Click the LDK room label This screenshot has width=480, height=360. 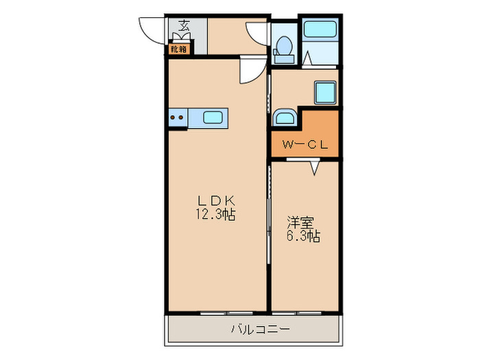pyautogui.click(x=216, y=201)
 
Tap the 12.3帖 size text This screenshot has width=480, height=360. pyautogui.click(x=215, y=214)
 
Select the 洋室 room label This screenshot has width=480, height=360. pyautogui.click(x=300, y=223)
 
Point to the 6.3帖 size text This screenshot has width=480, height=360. pyautogui.click(x=303, y=236)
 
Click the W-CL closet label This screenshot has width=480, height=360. pyautogui.click(x=305, y=145)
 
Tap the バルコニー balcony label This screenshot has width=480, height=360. pyautogui.click(x=260, y=329)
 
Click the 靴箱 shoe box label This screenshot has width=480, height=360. pyautogui.click(x=178, y=49)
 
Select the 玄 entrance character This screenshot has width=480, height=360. pyautogui.click(x=184, y=25)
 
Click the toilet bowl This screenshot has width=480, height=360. pyautogui.click(x=284, y=49)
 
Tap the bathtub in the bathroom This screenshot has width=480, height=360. pyautogui.click(x=320, y=29)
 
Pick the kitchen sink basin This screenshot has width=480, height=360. pyautogui.click(x=213, y=117)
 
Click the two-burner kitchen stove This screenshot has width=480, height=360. pyautogui.click(x=178, y=117)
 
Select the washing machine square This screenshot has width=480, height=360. pyautogui.click(x=325, y=93)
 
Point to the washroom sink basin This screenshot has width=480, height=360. pyautogui.click(x=285, y=117)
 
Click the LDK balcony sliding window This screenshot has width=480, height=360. pyautogui.click(x=227, y=313)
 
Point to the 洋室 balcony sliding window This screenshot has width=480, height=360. pyautogui.click(x=297, y=313)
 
